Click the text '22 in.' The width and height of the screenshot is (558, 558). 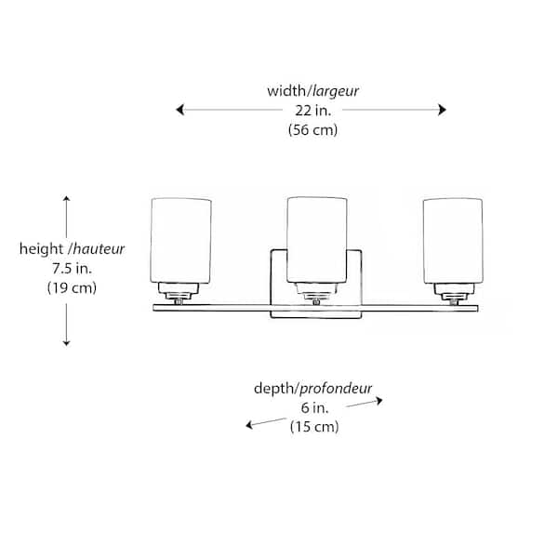click(x=312, y=111)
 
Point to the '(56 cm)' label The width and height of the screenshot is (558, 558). click(x=312, y=130)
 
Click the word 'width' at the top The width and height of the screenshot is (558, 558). click(x=286, y=91)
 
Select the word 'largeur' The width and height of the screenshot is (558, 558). click(x=337, y=91)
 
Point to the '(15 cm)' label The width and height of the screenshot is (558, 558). click(x=312, y=428)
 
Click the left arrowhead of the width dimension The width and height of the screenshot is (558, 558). click(x=179, y=111)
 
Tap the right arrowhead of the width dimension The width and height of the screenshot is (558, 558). click(x=444, y=111)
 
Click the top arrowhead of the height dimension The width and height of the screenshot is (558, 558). click(x=67, y=199)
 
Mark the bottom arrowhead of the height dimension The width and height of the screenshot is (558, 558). click(x=67, y=343)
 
